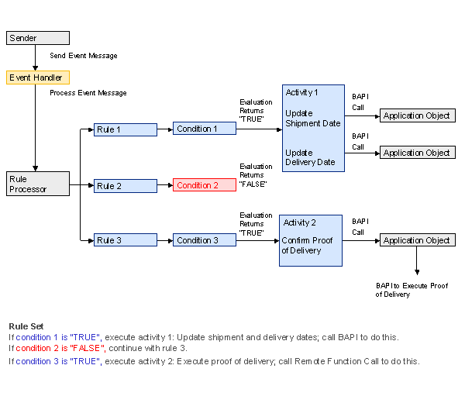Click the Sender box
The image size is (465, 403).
click(37, 38)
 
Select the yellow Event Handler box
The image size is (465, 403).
click(37, 77)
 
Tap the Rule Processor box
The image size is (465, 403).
click(37, 183)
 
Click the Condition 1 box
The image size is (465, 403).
click(205, 129)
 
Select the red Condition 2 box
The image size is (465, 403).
click(205, 185)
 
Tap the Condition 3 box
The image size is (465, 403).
click(205, 240)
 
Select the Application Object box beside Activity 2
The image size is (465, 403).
click(416, 240)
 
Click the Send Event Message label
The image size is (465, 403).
click(84, 57)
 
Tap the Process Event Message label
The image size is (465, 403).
click(88, 93)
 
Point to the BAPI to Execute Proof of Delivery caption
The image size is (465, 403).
click(412, 290)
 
